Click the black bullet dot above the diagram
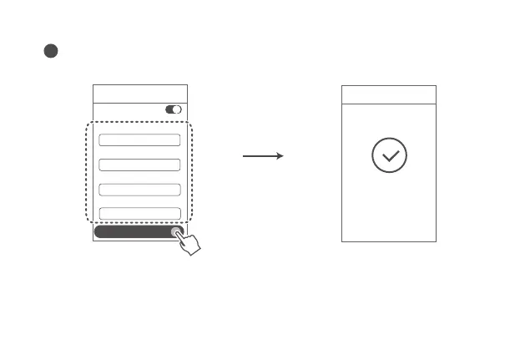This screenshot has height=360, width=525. coord(50,51)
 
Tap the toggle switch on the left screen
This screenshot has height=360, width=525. coord(174,109)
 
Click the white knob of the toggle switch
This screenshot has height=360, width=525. coord(177,109)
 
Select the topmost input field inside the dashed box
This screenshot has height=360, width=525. coord(139,140)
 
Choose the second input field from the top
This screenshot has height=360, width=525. coord(139,165)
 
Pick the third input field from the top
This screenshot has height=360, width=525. coord(139,190)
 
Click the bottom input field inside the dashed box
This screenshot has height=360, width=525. coord(139,213)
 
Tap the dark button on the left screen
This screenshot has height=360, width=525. coord(134,231)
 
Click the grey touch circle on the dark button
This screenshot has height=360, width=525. coord(177,231)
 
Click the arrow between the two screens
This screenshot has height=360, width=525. coord(263,156)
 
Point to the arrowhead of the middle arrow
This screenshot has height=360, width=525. coord(280,156)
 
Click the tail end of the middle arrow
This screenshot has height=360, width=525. coord(244,156)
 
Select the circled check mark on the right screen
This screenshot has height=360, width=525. coord(389,156)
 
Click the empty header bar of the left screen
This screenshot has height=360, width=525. coord(140,94)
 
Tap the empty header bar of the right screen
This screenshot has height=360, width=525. coord(389,94)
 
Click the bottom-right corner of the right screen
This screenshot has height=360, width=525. coord(436,241)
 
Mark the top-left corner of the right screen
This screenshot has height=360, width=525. coord(342,85)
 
